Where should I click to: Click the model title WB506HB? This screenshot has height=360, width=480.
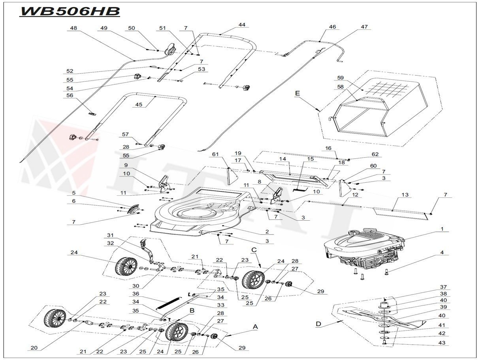[x=70, y=11]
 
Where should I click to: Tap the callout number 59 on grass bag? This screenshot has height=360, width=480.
[x=341, y=77]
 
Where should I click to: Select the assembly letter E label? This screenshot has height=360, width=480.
[x=297, y=93]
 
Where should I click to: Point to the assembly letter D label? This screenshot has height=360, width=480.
[x=318, y=324]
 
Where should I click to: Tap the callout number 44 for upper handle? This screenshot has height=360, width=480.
[x=242, y=24]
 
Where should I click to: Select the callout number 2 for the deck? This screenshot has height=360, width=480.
[x=267, y=232]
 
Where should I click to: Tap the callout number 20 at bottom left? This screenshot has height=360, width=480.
[x=34, y=348]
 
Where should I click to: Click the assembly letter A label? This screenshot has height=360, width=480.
[x=255, y=327]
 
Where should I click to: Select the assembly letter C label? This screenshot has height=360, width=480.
[x=254, y=250]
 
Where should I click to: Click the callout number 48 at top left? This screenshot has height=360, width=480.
[x=73, y=28]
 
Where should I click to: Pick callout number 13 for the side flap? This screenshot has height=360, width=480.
[x=405, y=195]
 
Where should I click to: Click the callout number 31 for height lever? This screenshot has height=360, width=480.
[x=110, y=235]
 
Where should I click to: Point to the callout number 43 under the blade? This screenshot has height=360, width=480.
[x=442, y=343]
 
